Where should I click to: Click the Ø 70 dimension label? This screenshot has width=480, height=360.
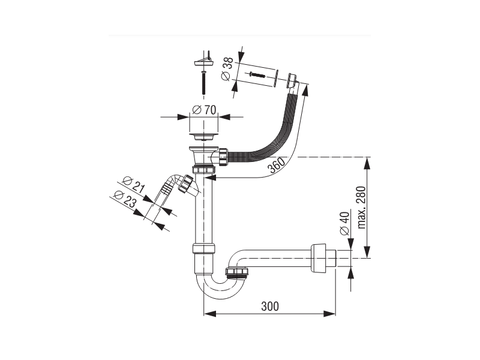[204, 110]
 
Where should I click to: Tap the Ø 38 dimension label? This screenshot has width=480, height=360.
[227, 69]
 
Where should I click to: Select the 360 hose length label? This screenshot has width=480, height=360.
[276, 166]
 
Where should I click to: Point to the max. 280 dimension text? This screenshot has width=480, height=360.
[362, 207]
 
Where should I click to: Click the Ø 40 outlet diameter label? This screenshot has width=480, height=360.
[344, 223]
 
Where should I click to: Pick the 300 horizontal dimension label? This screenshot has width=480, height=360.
[270, 306]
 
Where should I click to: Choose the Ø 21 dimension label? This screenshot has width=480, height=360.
[133, 185]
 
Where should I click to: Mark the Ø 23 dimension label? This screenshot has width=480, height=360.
[125, 199]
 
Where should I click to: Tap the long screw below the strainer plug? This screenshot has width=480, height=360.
[204, 82]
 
